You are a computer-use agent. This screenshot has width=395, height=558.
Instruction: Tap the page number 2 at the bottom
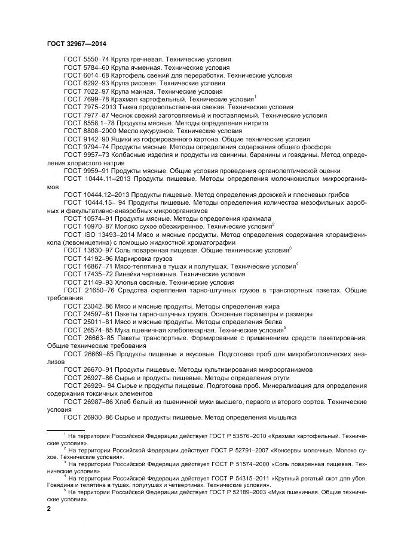48,509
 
